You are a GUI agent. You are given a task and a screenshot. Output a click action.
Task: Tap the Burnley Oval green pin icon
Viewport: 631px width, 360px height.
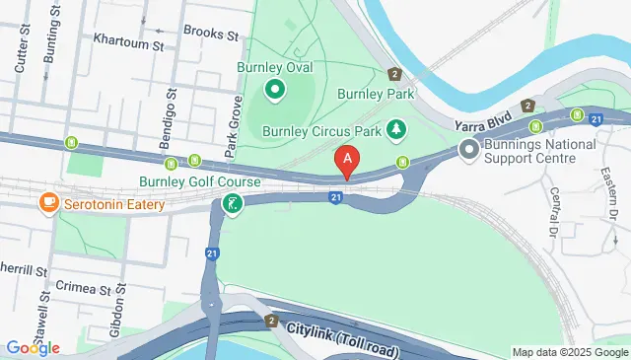tap(274, 92)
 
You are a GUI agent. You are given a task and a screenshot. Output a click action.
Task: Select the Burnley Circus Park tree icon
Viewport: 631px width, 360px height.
tap(395, 129)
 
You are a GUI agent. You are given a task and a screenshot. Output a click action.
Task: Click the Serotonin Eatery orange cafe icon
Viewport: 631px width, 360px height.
tap(46, 203)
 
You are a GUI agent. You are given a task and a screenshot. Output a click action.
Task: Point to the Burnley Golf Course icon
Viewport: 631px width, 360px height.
tap(232, 205)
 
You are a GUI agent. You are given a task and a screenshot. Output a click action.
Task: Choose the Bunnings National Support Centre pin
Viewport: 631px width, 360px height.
tap(468, 150)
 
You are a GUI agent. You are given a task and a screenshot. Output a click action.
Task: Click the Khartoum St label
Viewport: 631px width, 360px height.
tap(127, 43)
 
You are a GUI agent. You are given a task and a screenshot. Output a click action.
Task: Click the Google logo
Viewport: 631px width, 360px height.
tap(32, 347)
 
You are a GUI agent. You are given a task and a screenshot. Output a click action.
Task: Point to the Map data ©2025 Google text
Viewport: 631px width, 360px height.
tap(570, 352)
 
